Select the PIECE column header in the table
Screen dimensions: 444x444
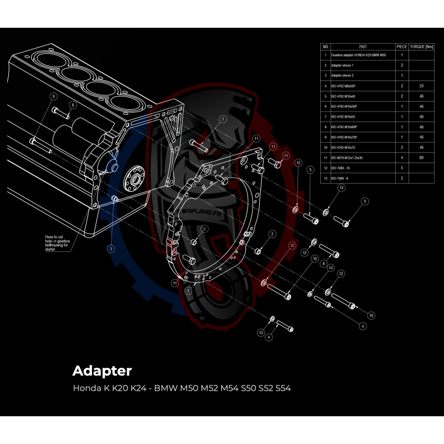tap(401, 47)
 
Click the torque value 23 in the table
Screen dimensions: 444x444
tap(422, 86)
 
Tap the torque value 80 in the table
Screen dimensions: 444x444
tap(422, 158)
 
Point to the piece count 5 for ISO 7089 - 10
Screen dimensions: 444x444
tap(401, 168)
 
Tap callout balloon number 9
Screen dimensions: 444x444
tap(53, 96)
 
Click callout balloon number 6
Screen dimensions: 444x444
tap(72, 105)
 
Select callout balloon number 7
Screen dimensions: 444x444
tap(223, 119)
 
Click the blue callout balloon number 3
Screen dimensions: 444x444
tap(111, 249)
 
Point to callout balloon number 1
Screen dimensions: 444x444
tap(188, 290)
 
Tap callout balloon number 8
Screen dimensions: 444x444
tap(323, 265)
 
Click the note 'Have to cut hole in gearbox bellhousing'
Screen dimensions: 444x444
tap(58, 243)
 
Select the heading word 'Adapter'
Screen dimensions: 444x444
tap(102, 370)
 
